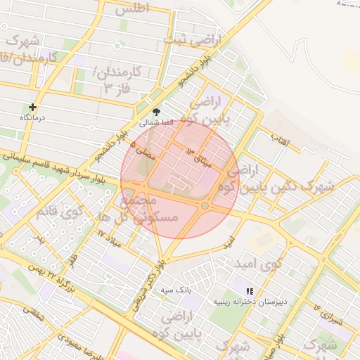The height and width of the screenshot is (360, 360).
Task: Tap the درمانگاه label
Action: [32, 117]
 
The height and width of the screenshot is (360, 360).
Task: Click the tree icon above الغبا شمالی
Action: [156, 112]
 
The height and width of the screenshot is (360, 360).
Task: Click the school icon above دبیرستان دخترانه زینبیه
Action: [248, 291]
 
